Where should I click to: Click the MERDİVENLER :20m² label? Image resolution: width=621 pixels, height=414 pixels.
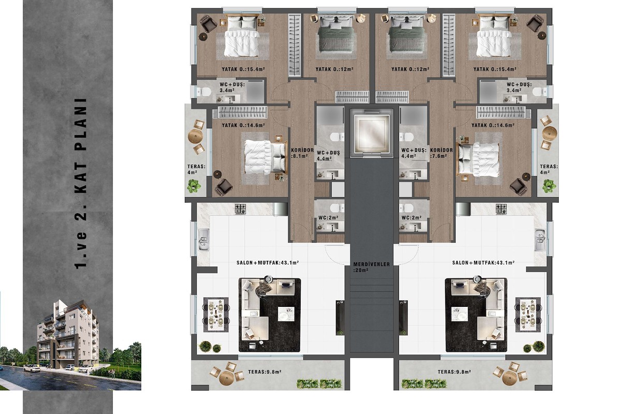(372, 267)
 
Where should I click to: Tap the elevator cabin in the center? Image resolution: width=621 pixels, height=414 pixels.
(372, 133)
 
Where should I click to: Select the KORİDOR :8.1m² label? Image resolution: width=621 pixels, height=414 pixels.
(302, 153)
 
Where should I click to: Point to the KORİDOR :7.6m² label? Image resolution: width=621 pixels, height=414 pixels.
(441, 153)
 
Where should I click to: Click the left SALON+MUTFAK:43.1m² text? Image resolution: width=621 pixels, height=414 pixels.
(268, 262)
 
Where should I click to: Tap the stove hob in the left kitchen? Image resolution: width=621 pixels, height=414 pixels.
(240, 209)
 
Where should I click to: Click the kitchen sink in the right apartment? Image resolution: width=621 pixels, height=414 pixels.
(540, 240)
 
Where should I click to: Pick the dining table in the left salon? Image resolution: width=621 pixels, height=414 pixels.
(216, 315)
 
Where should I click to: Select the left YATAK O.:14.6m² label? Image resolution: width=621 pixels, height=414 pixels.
(243, 125)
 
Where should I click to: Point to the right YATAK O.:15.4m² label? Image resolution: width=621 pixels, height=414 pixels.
(495, 69)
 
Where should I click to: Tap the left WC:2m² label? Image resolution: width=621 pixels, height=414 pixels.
(328, 218)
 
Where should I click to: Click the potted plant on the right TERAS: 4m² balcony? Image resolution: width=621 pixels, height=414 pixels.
(549, 185)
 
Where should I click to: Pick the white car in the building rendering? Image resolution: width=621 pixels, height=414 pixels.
(32, 368)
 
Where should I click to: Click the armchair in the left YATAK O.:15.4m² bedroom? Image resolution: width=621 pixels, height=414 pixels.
(208, 24)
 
